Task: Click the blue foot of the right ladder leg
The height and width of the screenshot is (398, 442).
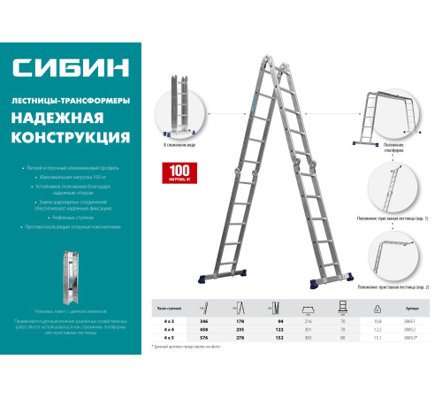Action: point(329,284)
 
